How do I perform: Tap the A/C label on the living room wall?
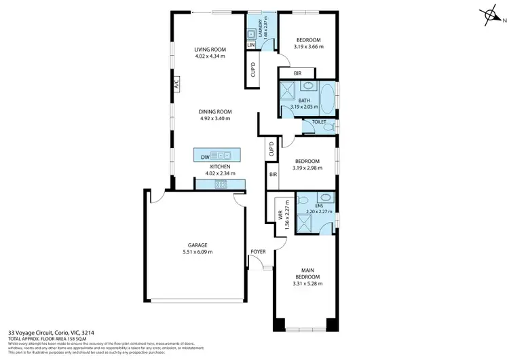(x=175, y=86)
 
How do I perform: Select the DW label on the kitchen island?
(x=205, y=156)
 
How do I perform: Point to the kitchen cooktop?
(x=221, y=183)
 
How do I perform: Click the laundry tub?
(x=250, y=34)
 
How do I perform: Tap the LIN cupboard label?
(x=250, y=45)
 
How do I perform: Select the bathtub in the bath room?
(x=326, y=99)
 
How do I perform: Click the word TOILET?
(x=319, y=123)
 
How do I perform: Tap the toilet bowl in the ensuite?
(x=326, y=198)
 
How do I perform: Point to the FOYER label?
(x=258, y=252)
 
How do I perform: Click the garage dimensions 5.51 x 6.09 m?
(x=197, y=252)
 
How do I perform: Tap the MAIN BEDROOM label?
(x=304, y=273)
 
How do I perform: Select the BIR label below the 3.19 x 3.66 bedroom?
(x=298, y=73)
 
